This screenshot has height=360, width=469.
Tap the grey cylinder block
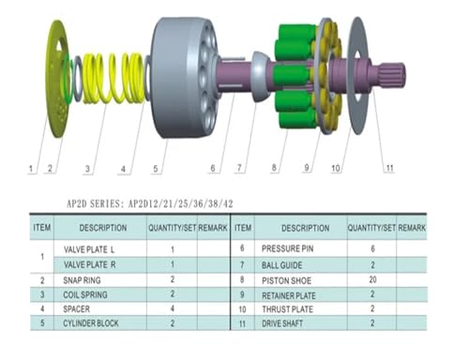click(185, 78)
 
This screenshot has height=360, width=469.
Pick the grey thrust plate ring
click(358, 75)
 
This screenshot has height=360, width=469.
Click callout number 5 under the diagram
click(156, 169)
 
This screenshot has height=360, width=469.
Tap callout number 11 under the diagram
click(389, 168)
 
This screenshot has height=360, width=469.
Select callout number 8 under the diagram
click(274, 168)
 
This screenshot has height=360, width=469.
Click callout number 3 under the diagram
click(87, 169)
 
